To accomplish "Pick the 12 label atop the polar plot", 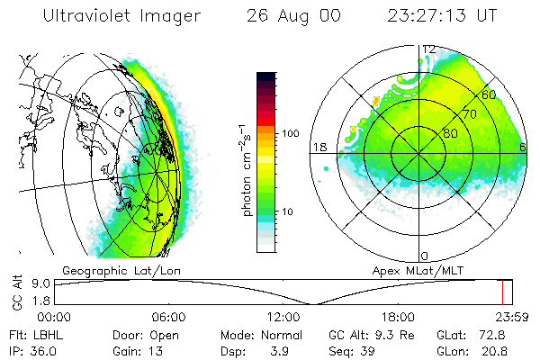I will (x=429, y=49).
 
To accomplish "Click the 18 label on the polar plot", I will (x=318, y=147).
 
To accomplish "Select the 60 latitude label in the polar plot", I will (x=490, y=94).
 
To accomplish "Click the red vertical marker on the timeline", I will (x=503, y=292).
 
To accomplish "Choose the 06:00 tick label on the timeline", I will (x=168, y=317).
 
